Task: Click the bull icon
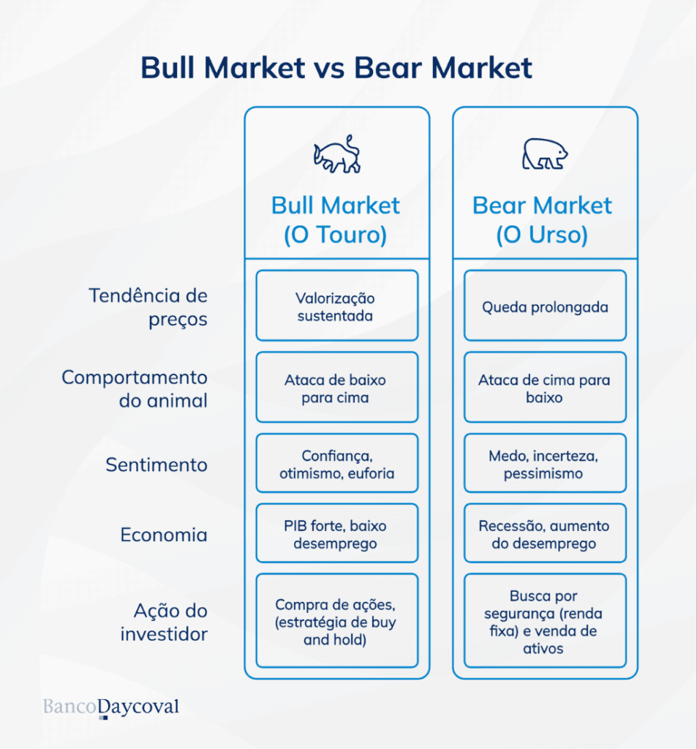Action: point(337,154)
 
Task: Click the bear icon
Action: point(545,154)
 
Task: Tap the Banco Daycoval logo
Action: point(111,707)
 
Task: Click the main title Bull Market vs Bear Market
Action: point(336,68)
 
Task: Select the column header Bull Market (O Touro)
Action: point(336,219)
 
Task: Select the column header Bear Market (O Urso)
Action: point(543,219)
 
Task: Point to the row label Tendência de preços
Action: point(148,307)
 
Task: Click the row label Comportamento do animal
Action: point(135,389)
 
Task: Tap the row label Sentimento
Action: point(157,465)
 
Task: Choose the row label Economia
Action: point(164,535)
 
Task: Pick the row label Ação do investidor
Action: point(164,622)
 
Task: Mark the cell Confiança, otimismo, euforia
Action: point(336,464)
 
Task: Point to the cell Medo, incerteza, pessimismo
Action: point(545,464)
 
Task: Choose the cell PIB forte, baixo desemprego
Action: point(336,535)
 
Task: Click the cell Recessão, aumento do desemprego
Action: point(545,535)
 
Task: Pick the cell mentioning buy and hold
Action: point(336,622)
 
